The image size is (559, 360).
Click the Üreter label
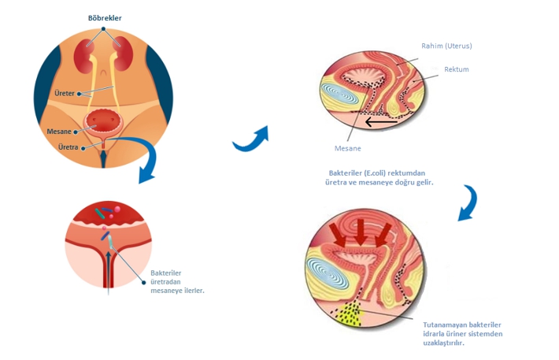(x=64, y=93)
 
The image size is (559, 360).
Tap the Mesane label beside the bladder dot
(x=60, y=132)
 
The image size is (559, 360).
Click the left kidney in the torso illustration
(x=83, y=57)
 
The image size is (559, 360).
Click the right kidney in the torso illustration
(x=121, y=57)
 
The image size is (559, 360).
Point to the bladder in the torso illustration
(x=103, y=122)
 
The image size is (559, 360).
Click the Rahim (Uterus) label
(x=447, y=46)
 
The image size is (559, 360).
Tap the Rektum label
(x=456, y=69)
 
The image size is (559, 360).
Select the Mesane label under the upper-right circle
(x=347, y=147)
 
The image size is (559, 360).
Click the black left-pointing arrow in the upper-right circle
(x=391, y=122)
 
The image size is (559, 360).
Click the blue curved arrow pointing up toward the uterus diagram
(x=250, y=138)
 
